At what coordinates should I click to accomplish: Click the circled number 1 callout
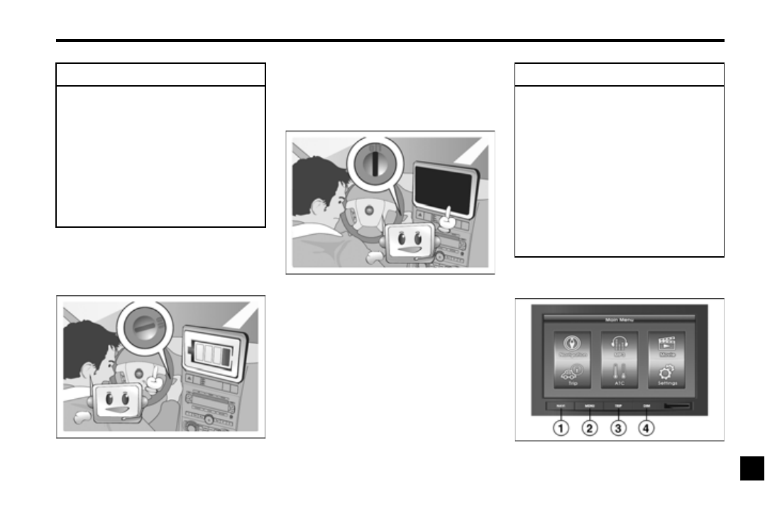point(561,429)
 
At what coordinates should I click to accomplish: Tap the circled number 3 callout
point(619,429)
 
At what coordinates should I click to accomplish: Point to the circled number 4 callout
point(647,429)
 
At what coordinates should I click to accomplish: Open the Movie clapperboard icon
point(667,339)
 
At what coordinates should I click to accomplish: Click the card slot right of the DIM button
point(682,407)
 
